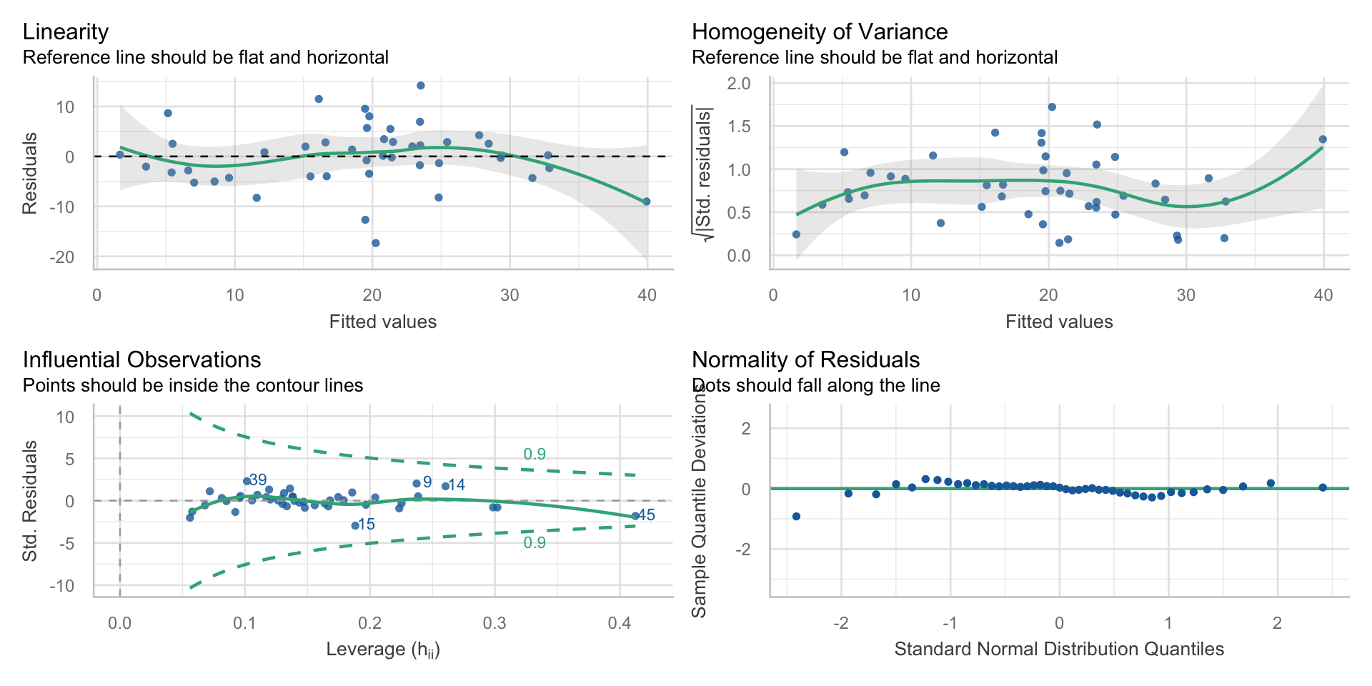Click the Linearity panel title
(x=66, y=32)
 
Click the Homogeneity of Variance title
(x=820, y=32)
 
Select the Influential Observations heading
(x=141, y=360)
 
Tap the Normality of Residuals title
(x=805, y=360)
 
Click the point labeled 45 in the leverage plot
(x=635, y=516)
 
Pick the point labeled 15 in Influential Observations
(x=354, y=525)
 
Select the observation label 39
(x=258, y=480)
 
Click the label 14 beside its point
(x=457, y=485)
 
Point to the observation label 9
(x=427, y=482)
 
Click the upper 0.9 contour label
(x=535, y=454)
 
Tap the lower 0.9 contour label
(x=535, y=543)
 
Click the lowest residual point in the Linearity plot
(x=375, y=243)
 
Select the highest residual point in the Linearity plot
(x=420, y=86)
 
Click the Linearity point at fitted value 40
(x=646, y=202)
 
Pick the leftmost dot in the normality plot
(x=796, y=517)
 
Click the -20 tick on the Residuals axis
(x=62, y=257)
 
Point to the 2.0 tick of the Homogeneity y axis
(x=739, y=84)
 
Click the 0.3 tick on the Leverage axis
(x=494, y=623)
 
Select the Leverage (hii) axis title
(x=383, y=650)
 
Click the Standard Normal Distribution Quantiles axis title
(x=1059, y=650)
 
